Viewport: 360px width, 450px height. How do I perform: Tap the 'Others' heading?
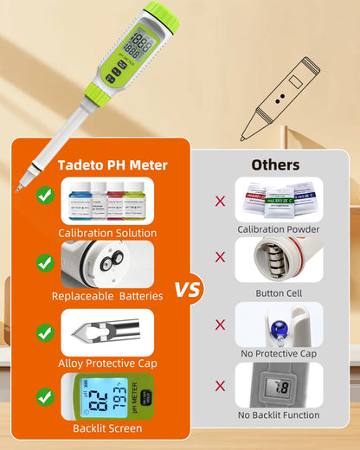(x=275, y=164)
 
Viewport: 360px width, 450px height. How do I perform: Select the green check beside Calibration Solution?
(x=45, y=197)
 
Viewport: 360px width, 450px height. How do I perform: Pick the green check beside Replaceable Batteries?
(x=45, y=263)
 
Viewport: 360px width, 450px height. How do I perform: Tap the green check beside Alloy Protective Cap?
(x=45, y=331)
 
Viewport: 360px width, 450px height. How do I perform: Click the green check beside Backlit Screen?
(x=45, y=397)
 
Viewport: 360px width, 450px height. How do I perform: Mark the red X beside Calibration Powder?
(x=220, y=201)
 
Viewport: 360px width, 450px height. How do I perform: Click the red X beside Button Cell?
(x=220, y=258)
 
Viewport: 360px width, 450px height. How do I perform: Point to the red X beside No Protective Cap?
(x=220, y=324)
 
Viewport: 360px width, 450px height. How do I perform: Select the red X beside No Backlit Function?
(x=220, y=386)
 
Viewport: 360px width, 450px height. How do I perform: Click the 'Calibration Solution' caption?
(x=107, y=233)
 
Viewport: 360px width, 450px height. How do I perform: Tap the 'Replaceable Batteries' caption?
(x=107, y=296)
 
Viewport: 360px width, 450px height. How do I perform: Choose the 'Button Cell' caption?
(x=279, y=293)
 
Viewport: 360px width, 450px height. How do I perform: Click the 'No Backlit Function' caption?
(x=279, y=415)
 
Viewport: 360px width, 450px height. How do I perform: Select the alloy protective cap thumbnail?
(x=107, y=331)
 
